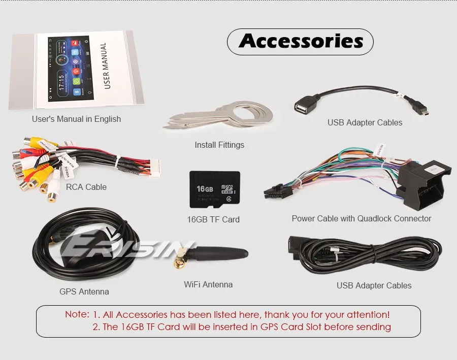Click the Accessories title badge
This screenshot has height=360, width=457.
(x=300, y=42)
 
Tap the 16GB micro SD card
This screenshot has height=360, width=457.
(x=215, y=189)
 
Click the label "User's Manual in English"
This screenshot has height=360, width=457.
(x=76, y=119)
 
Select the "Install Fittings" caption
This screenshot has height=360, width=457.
(x=219, y=145)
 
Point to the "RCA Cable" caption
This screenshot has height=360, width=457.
(x=86, y=187)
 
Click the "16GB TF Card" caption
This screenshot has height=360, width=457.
(x=213, y=219)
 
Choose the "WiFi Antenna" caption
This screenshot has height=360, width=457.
(x=208, y=284)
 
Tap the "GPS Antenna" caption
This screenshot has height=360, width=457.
(x=84, y=291)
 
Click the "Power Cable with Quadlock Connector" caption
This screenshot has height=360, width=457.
(x=362, y=218)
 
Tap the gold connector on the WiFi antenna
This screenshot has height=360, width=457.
(x=180, y=263)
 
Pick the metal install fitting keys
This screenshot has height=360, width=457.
(x=218, y=116)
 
